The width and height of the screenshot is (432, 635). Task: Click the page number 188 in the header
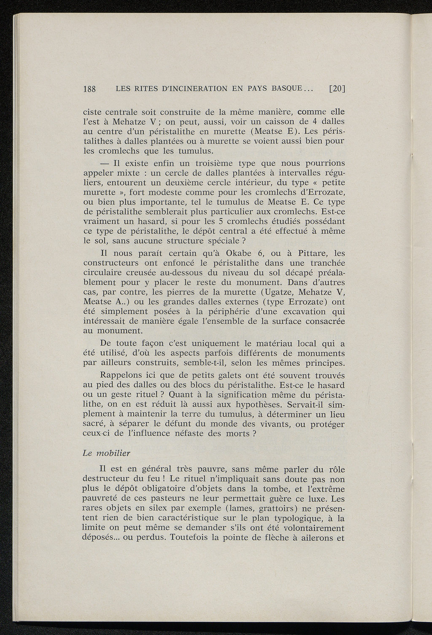tap(90, 89)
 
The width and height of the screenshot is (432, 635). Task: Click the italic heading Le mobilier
tap(106, 453)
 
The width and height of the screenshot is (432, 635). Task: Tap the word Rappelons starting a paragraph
tap(121, 376)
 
